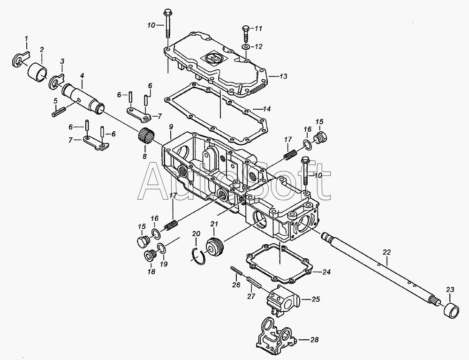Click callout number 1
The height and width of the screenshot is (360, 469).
point(26,38)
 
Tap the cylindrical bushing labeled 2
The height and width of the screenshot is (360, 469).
point(38,72)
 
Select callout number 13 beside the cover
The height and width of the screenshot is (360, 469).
point(283,76)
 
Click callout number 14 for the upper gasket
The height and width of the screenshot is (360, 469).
point(267,109)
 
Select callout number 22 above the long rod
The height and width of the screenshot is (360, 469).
point(386,252)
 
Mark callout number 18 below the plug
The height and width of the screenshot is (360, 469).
point(150,271)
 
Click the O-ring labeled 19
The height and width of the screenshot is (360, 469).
point(160,248)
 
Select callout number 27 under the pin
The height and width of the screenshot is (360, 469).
point(251,296)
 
